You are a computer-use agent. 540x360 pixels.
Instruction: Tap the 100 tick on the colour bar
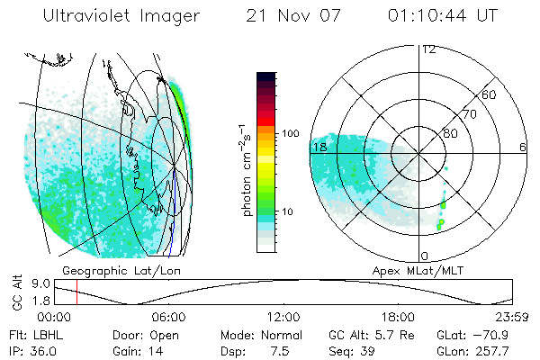(292, 133)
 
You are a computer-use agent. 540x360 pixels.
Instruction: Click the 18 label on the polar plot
(319, 147)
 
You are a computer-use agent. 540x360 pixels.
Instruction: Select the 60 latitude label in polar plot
(490, 94)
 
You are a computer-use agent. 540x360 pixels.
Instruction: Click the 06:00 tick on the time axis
(168, 317)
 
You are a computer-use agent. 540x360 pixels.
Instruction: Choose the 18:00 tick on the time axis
(398, 317)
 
